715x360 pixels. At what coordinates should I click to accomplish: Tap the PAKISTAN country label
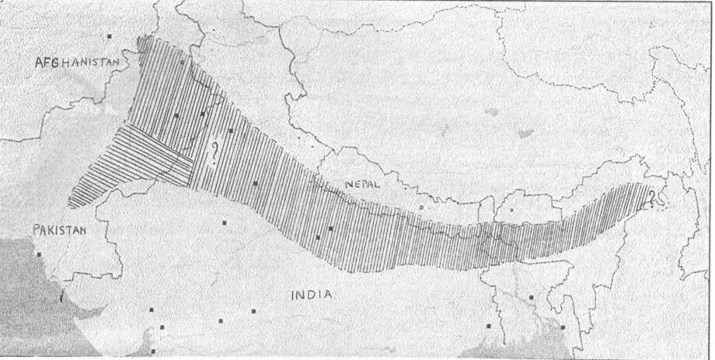coord(60,230)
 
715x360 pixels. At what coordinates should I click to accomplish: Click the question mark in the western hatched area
coord(213,147)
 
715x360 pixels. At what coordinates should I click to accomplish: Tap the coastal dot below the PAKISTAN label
coord(37,253)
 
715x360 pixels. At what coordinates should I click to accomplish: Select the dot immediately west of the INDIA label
coord(253,313)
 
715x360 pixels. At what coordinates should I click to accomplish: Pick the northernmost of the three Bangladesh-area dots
coord(532,296)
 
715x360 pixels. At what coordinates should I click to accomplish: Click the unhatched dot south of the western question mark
coord(225,222)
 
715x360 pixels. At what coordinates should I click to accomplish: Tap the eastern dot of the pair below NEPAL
coord(330,228)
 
